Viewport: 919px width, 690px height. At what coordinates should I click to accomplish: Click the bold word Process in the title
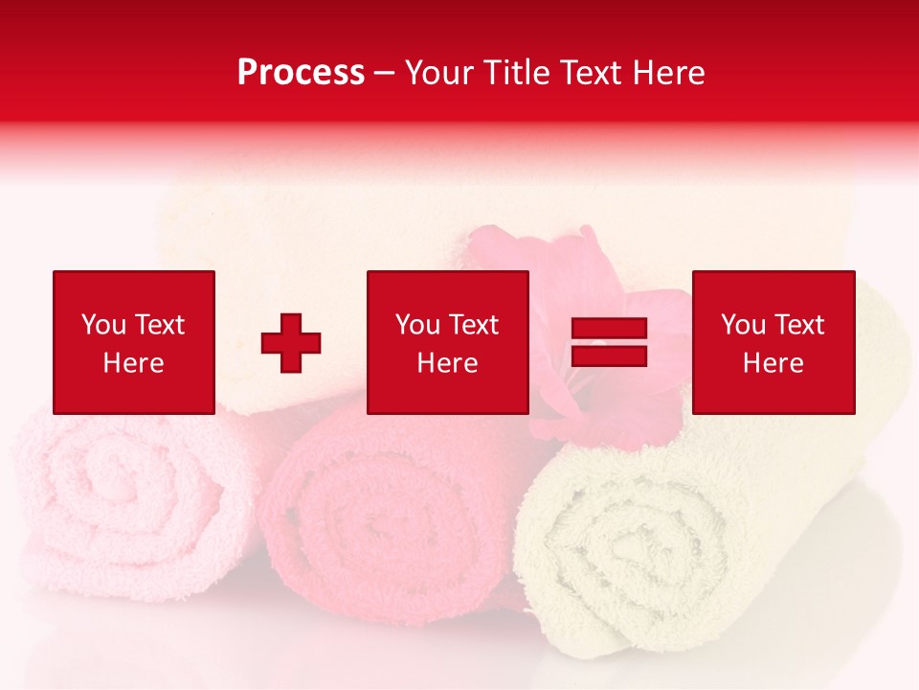click(301, 73)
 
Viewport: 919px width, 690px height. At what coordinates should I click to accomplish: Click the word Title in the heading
click(516, 73)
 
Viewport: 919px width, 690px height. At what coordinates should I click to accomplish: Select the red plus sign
click(291, 343)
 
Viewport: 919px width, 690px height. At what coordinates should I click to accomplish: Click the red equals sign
click(609, 342)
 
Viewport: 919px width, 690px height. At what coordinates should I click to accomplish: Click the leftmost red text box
click(134, 342)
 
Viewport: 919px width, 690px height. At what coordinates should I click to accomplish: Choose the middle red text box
click(448, 342)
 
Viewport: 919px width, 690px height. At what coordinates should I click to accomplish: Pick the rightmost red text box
click(773, 342)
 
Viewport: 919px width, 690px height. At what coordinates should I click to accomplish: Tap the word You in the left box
click(103, 325)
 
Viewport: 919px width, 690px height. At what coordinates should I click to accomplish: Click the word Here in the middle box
click(448, 363)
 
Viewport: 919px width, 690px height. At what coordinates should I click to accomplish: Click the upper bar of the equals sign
click(609, 330)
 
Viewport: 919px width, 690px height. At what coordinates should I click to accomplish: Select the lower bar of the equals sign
click(609, 356)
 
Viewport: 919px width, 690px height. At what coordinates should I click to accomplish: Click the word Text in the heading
click(591, 73)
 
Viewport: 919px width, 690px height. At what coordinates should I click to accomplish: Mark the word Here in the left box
click(134, 363)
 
